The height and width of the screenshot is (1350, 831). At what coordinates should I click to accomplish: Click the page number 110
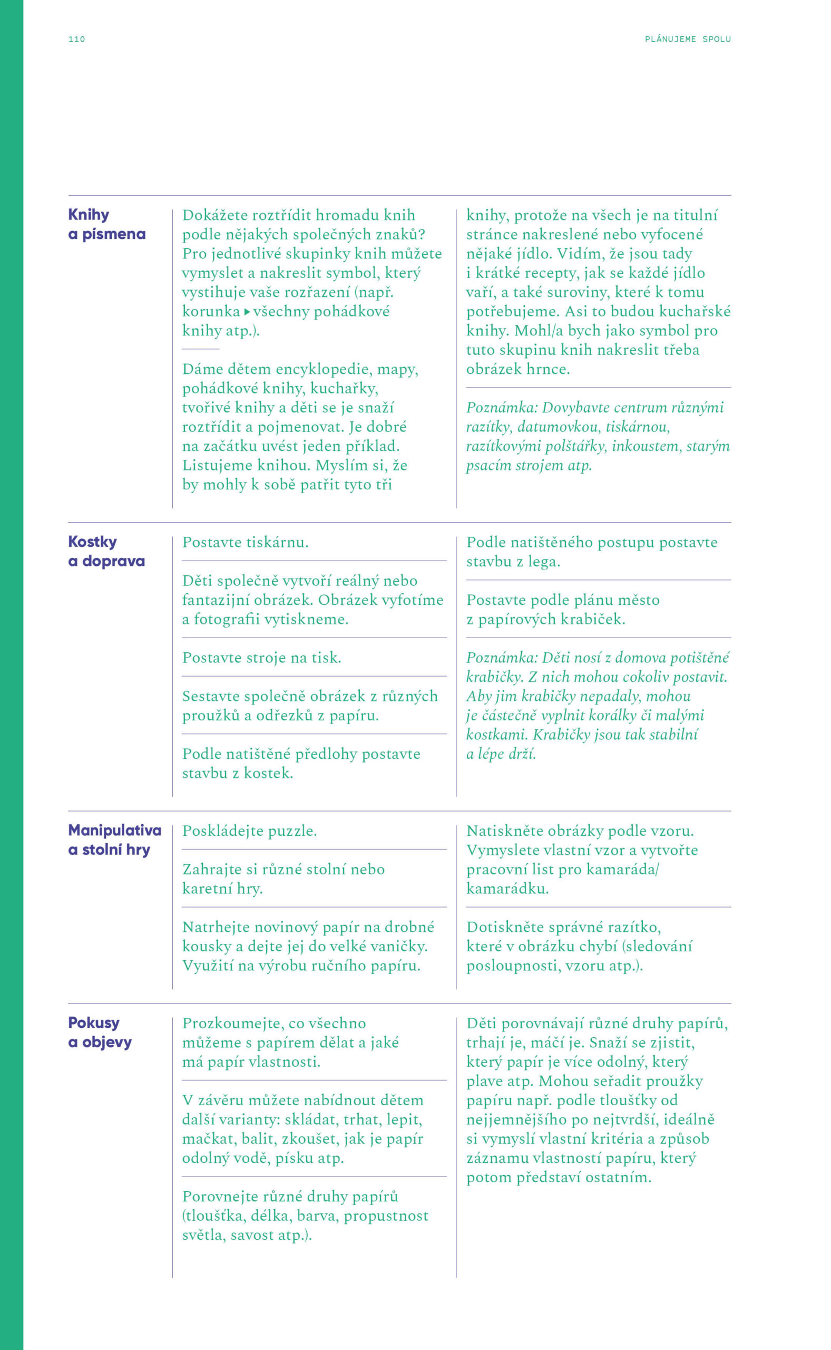point(76,39)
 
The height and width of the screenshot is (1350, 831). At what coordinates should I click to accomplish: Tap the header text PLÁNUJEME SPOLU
point(688,39)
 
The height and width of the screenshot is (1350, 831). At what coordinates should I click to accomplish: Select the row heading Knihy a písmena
point(106,224)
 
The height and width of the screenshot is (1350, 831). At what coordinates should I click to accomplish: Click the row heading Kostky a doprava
point(106,552)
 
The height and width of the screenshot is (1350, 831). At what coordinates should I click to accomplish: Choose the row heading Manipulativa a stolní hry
point(114,840)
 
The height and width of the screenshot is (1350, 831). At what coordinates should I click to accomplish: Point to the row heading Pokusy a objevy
point(100,1033)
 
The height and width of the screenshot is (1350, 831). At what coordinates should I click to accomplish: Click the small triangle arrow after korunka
point(247,312)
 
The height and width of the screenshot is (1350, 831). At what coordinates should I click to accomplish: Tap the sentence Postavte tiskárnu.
point(245,543)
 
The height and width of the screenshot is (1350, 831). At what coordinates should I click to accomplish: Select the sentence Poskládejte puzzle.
point(250,831)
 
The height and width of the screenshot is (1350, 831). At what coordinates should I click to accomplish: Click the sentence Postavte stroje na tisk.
point(261,658)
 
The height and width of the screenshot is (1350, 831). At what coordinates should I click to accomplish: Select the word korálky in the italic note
point(625,716)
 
